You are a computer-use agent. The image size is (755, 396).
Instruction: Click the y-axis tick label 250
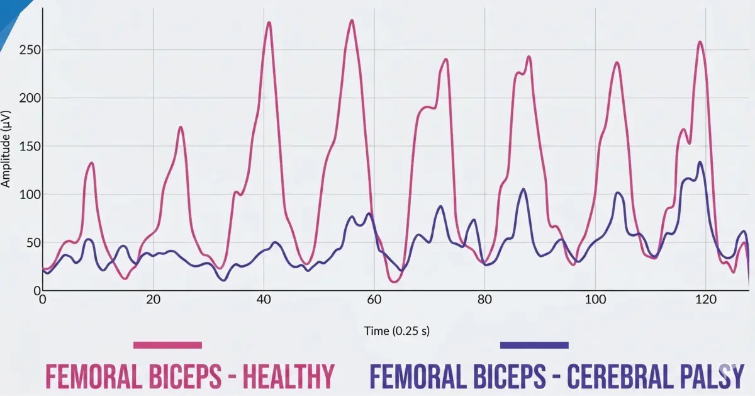pyautogui.click(x=26, y=50)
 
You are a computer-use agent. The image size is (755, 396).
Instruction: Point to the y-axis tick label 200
pyautogui.click(x=26, y=98)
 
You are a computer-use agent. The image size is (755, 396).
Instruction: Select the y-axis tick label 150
pyautogui.click(x=26, y=147)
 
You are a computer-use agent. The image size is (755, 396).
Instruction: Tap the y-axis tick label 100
pyautogui.click(x=26, y=195)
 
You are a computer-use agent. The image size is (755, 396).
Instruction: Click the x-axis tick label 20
pyautogui.click(x=153, y=300)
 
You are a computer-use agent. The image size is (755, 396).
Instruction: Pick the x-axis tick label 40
pyautogui.click(x=264, y=300)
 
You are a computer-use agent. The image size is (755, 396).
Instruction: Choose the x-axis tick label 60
pyautogui.click(x=374, y=300)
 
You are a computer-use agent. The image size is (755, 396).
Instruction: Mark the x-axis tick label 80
pyautogui.click(x=484, y=300)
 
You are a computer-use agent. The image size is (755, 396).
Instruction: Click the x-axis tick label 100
pyautogui.click(x=595, y=300)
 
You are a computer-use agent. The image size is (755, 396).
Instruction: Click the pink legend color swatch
pyautogui.click(x=167, y=345)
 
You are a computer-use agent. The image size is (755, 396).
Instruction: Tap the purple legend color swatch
pyautogui.click(x=534, y=345)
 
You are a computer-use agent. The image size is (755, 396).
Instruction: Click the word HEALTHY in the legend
pyautogui.click(x=288, y=376)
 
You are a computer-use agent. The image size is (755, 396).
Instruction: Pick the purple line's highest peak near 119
pyautogui.click(x=700, y=162)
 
